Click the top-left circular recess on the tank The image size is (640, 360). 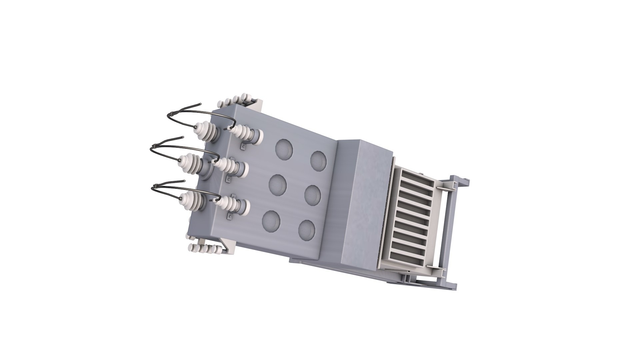284,149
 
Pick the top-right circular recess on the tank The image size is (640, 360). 318,160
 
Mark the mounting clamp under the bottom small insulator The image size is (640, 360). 230,217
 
